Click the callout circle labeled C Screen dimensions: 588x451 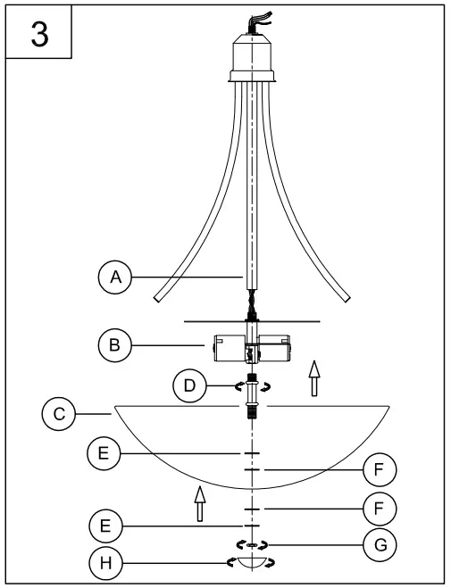coord(58,413)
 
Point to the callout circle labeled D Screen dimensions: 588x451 coord(188,386)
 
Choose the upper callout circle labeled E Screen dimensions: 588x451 coord(104,454)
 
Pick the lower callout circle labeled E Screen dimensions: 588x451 coord(104,526)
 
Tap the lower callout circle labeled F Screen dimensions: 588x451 coord(379,509)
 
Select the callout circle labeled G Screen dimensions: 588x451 coord(379,542)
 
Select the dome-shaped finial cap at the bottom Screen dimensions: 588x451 coord(254,565)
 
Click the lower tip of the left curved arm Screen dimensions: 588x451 coord(158,295)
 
